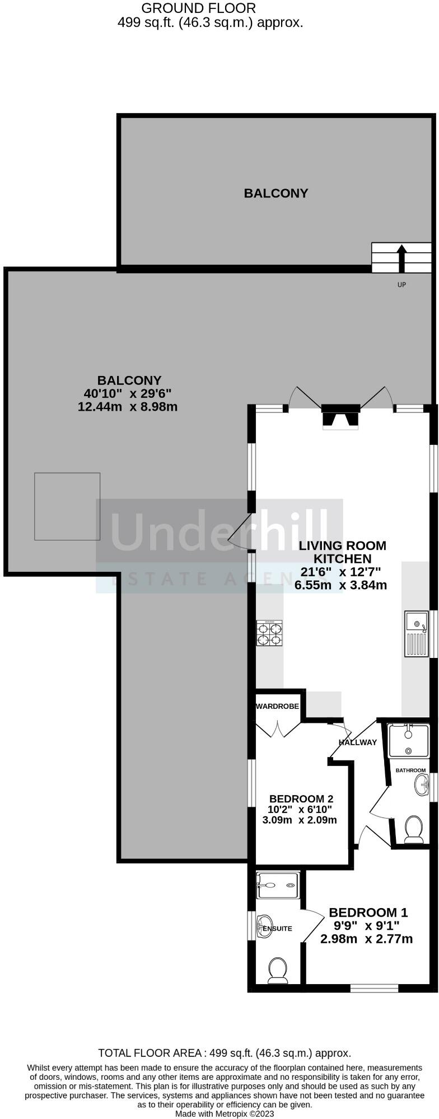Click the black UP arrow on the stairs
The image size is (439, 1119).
pyautogui.click(x=401, y=257)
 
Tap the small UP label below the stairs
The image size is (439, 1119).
pyautogui.click(x=401, y=285)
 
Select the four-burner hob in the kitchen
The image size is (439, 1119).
pyautogui.click(x=269, y=634)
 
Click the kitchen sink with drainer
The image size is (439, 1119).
pyautogui.click(x=416, y=633)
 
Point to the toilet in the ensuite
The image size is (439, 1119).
pyautogui.click(x=278, y=970)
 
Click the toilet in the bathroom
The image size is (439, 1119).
pyautogui.click(x=414, y=829)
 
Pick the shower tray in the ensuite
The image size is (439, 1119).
pyautogui.click(x=278, y=885)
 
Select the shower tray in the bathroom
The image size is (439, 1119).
pyautogui.click(x=408, y=741)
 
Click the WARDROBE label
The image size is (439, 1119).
pyautogui.click(x=278, y=707)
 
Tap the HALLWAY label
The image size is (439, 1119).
pyautogui.click(x=358, y=742)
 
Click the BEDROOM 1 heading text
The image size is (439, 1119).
pyautogui.click(x=368, y=913)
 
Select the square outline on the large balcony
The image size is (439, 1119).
pyautogui.click(x=67, y=506)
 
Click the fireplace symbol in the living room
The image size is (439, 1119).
pyautogui.click(x=340, y=417)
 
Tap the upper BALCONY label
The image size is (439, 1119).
pyautogui.click(x=276, y=194)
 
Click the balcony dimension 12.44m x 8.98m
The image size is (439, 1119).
pyautogui.click(x=128, y=407)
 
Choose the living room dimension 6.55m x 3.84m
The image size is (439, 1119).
pyautogui.click(x=341, y=585)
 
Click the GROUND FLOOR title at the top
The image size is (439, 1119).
pyautogui.click(x=198, y=8)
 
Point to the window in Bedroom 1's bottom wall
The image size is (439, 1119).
pyautogui.click(x=375, y=988)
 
